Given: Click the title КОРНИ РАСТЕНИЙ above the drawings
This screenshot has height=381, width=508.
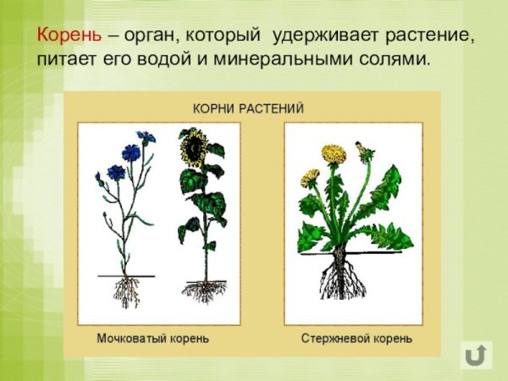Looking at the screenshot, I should (x=248, y=109).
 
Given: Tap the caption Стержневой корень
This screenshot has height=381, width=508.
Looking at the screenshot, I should (x=356, y=339).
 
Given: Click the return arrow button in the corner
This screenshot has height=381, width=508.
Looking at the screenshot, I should (x=476, y=355).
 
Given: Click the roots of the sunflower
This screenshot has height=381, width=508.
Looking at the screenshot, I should (x=202, y=291).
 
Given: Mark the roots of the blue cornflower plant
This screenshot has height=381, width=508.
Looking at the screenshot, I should (x=127, y=292).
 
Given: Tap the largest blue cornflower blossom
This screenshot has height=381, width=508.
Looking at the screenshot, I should (x=131, y=152).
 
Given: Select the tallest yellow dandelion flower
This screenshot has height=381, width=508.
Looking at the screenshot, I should (x=334, y=154).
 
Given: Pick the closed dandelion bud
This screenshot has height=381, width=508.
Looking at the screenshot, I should (x=366, y=151).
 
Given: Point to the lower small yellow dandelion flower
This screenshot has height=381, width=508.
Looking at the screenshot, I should (x=311, y=177).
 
